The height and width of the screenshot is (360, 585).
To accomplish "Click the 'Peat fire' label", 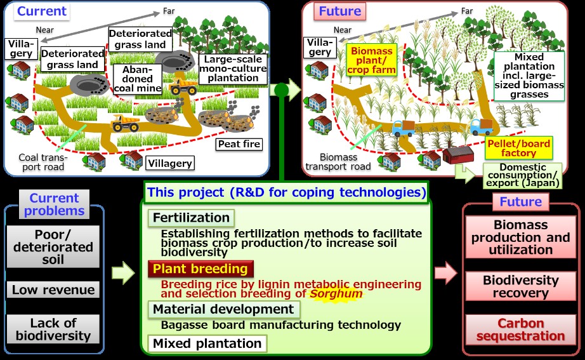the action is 239,144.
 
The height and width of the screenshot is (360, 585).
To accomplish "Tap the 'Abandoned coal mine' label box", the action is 137,79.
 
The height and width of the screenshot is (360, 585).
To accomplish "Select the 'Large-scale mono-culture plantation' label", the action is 233,69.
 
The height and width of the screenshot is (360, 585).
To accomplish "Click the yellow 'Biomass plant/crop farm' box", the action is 372,60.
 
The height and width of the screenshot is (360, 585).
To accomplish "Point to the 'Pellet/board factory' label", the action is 518,148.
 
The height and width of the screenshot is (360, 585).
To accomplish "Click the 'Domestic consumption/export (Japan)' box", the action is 522,175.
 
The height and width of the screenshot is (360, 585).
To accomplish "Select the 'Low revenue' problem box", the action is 53,290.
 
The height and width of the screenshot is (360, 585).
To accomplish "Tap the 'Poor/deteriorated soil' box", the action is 53,247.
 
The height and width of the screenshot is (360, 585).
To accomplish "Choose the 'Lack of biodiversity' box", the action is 53,329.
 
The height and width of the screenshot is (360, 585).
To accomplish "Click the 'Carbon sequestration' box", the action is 520,330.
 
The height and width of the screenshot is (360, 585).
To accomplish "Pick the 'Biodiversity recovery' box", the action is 520,286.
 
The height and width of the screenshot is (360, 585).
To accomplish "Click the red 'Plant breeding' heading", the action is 200,269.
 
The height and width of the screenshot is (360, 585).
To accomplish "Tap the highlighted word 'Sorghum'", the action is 336,294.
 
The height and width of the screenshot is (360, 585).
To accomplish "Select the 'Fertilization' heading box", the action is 191,218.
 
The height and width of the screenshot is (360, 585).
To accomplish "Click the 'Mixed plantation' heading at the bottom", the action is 207,343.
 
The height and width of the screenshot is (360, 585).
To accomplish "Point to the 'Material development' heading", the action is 223,309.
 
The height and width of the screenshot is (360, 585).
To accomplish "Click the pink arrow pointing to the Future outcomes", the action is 446,273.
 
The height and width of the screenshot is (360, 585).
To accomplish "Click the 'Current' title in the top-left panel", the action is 42,11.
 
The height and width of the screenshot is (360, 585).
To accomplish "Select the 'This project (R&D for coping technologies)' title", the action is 287,192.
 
